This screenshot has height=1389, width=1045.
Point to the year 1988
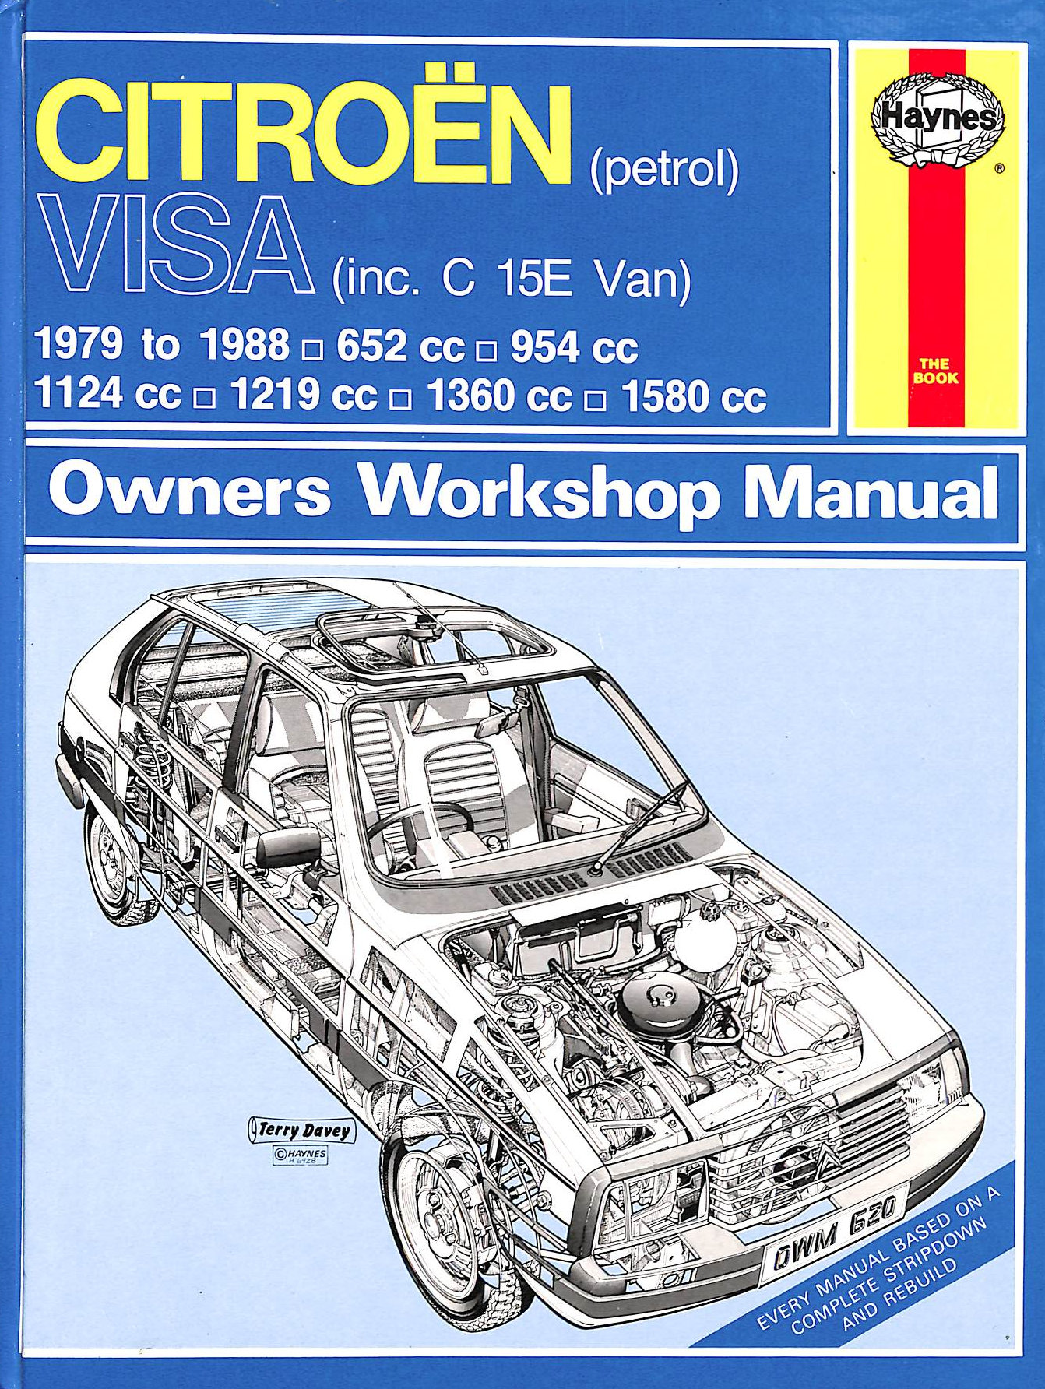coord(245,345)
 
